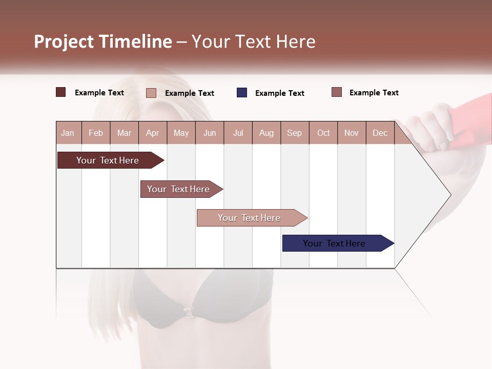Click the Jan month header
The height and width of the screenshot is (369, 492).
[68, 133]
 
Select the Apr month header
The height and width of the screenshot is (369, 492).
[152, 133]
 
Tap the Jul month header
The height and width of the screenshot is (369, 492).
[238, 133]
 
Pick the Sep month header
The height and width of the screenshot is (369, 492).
[294, 133]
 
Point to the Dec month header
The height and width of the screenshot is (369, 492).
[380, 133]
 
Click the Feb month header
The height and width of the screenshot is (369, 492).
[96, 133]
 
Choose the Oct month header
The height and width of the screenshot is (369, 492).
[323, 133]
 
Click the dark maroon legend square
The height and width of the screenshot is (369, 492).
[61, 92]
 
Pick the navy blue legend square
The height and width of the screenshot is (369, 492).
[242, 93]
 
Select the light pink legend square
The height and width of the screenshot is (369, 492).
[151, 93]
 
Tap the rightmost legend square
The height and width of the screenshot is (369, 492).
[337, 92]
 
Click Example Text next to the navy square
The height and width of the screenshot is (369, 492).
[280, 93]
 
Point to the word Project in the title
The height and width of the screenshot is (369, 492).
[64, 42]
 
